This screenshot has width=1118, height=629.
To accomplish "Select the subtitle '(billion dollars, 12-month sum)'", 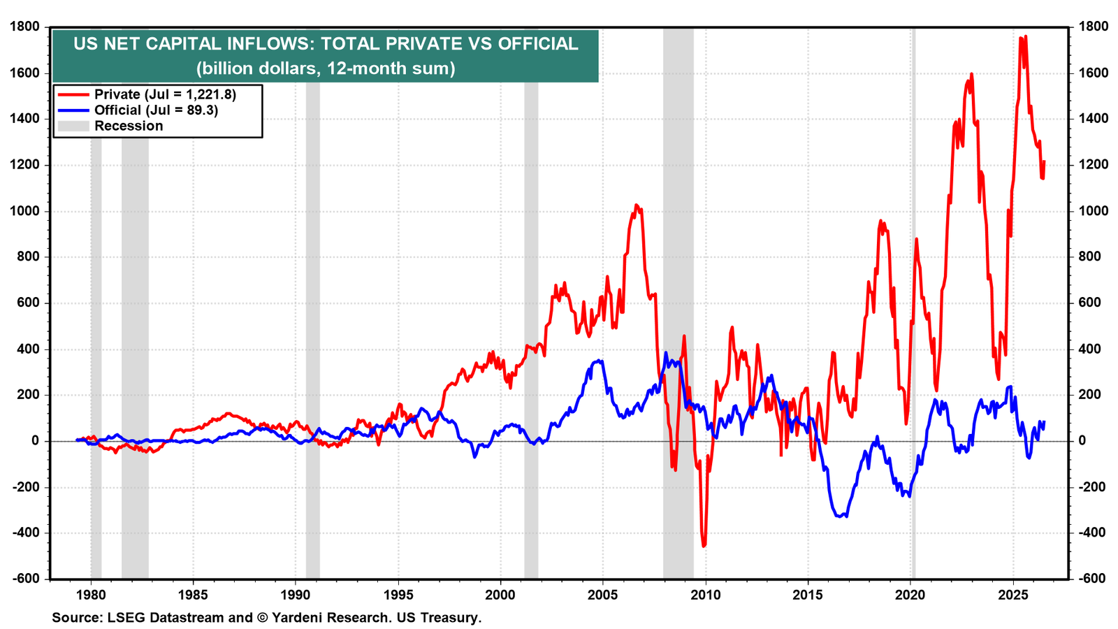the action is tap(326, 68).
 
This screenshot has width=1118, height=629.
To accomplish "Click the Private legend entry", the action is tap(147, 94).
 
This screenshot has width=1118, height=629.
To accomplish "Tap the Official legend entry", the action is tap(138, 110).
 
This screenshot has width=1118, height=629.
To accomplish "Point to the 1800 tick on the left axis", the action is tap(24, 27).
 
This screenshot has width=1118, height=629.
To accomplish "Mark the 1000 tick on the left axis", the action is tap(24, 211).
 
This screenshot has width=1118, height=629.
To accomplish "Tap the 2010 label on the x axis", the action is tap(705, 595).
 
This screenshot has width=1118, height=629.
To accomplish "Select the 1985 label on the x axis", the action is tap(193, 595).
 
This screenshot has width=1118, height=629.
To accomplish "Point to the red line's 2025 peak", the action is tap(1025, 36).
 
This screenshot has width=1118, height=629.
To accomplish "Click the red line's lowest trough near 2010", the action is tap(704, 546).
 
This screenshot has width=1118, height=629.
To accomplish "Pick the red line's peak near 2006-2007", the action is tap(636, 205).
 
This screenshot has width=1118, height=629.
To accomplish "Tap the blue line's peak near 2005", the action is tap(599, 361).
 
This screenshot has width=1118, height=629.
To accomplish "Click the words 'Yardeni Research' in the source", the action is tap(330, 618).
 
